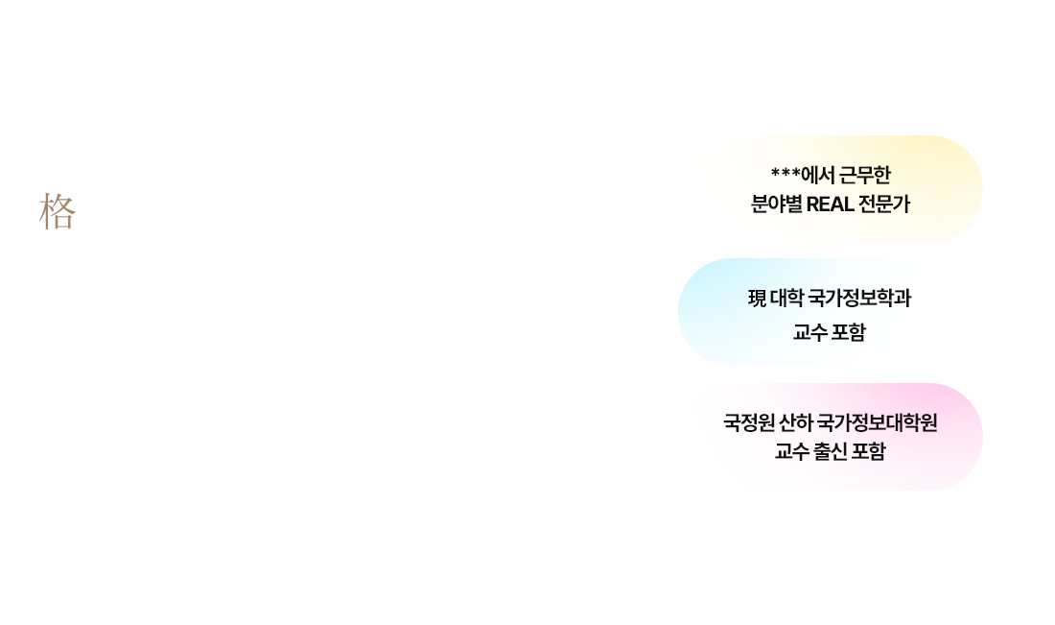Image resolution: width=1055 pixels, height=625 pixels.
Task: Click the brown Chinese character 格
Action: click(58, 211)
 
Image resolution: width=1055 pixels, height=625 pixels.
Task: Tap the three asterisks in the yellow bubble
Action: click(785, 173)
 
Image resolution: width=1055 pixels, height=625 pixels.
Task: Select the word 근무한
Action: click(864, 175)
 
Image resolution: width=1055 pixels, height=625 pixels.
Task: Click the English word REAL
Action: click(830, 204)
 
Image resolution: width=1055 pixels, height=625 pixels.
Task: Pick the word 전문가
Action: click(884, 204)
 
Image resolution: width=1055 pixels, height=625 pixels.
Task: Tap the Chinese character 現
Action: click(757, 298)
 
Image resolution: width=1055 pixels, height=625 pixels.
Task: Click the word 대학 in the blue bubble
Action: click(786, 298)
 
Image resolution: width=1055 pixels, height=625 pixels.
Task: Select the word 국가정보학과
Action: click(859, 298)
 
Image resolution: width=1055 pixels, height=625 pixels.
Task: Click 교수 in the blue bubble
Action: click(810, 332)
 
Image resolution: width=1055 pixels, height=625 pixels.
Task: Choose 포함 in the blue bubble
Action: click(849, 332)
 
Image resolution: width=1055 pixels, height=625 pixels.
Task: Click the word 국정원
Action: click(749, 422)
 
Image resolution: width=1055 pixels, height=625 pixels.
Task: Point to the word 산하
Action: click(795, 422)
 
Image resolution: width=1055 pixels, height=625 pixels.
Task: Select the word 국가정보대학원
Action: click(877, 422)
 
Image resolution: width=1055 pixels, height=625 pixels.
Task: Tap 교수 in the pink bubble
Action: click(791, 450)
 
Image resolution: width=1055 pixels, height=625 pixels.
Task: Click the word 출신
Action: click(830, 450)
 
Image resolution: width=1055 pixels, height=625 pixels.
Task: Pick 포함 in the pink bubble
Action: click(868, 450)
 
